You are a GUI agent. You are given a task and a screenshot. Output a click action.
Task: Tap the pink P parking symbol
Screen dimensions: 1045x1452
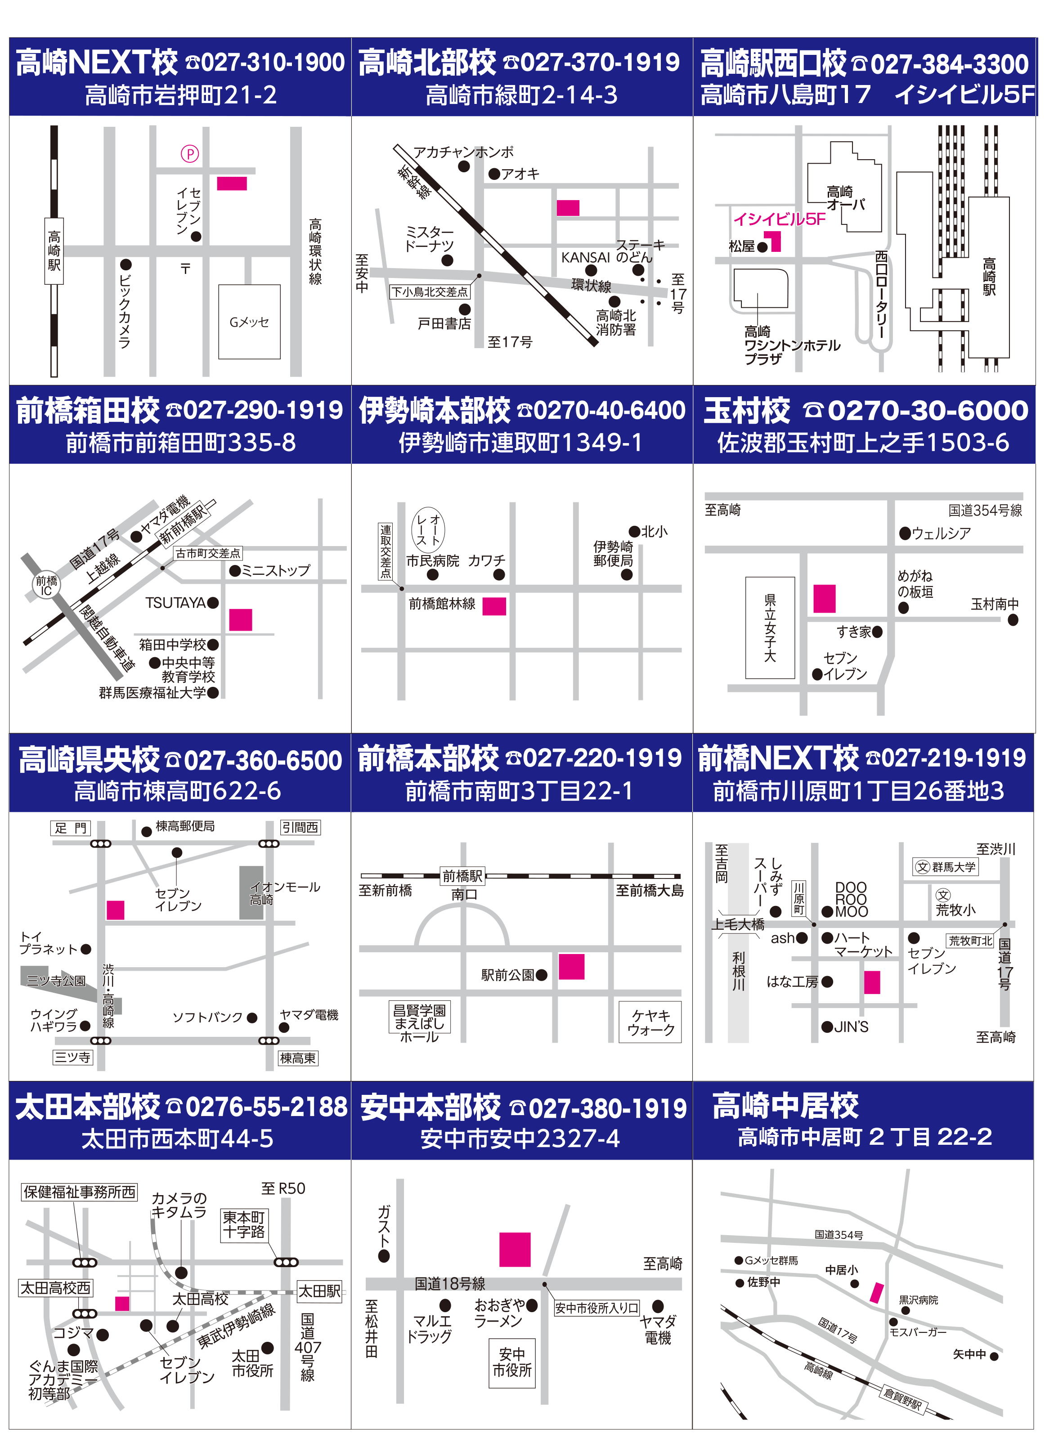(x=189, y=154)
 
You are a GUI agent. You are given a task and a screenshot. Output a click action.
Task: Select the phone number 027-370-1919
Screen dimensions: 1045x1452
(x=600, y=63)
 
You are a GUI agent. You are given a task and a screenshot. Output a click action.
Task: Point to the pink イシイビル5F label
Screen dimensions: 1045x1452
(x=779, y=219)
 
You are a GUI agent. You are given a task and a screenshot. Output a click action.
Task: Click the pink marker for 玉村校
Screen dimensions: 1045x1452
(x=824, y=599)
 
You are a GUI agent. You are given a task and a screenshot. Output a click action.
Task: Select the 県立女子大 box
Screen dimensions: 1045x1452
(x=770, y=627)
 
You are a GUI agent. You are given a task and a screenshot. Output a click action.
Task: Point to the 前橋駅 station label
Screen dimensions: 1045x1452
(x=462, y=875)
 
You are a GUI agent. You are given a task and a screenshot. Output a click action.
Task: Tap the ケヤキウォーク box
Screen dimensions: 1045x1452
(x=650, y=1022)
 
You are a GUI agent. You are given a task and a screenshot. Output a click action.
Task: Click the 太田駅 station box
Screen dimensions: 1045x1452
(x=319, y=1291)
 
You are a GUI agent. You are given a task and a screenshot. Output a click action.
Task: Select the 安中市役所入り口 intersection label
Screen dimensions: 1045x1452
(x=597, y=1308)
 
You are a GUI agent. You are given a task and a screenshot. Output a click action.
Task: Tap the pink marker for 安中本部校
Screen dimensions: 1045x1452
(x=515, y=1249)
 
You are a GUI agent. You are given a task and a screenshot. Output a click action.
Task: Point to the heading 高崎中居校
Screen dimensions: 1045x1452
(x=786, y=1106)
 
